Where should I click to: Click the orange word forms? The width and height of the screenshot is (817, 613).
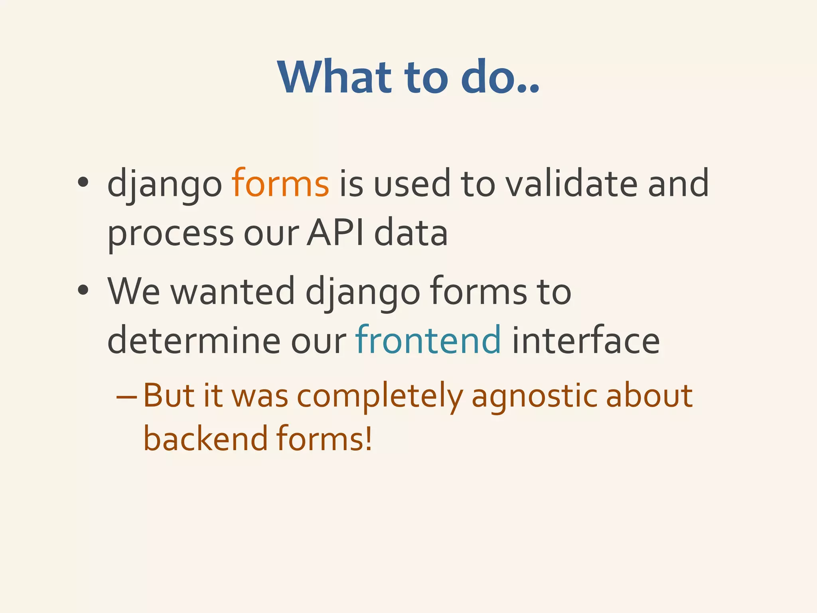(280, 184)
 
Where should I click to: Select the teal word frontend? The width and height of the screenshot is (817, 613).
(428, 340)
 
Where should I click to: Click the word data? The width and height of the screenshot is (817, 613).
(411, 233)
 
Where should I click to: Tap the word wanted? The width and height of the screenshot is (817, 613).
(233, 292)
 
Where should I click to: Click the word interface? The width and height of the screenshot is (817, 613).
(586, 340)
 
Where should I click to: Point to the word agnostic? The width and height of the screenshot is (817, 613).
(534, 397)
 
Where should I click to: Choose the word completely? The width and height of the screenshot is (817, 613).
(380, 397)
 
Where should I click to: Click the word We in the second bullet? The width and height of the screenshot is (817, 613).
(134, 292)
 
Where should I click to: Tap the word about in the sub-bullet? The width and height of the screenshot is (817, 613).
(649, 396)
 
